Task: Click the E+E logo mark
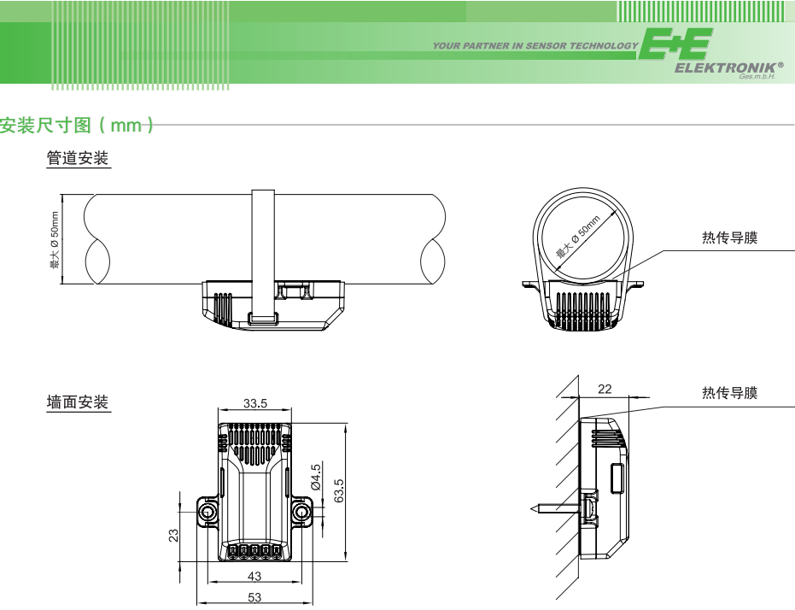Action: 675,44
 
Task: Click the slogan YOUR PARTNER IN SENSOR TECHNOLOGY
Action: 535,45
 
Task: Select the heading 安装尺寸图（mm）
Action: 77,125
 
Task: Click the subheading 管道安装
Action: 78,158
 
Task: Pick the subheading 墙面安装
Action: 78,402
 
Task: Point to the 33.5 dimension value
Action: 255,403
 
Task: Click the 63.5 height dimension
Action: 339,490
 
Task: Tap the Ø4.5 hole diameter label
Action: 316,477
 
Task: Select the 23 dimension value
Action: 173,536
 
